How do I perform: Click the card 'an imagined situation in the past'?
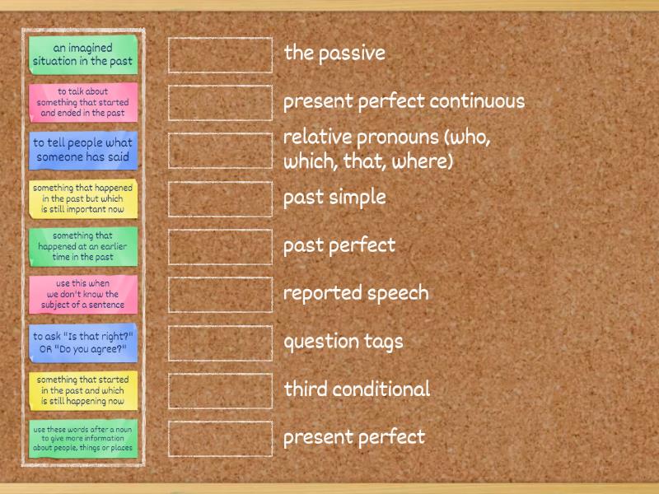[x=82, y=54]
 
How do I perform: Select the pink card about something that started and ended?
[x=82, y=102]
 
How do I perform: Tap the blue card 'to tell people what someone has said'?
[x=82, y=150]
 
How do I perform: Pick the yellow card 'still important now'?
[x=82, y=198]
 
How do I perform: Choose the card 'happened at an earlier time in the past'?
[x=82, y=245]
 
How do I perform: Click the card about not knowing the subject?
[x=82, y=294]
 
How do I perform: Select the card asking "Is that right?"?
[x=82, y=342]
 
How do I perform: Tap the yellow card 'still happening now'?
[x=82, y=390]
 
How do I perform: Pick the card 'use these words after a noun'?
[x=82, y=438]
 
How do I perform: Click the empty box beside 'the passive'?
[x=220, y=54]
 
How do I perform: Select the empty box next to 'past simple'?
[x=220, y=198]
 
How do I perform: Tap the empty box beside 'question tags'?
[x=220, y=343]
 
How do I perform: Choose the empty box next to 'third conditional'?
[x=220, y=390]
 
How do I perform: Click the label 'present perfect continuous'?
[x=404, y=102]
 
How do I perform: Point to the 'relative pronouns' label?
[x=386, y=149]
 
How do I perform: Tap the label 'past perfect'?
[x=339, y=245]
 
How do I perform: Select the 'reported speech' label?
[x=356, y=293]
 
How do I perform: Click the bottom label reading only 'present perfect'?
[x=354, y=437]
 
